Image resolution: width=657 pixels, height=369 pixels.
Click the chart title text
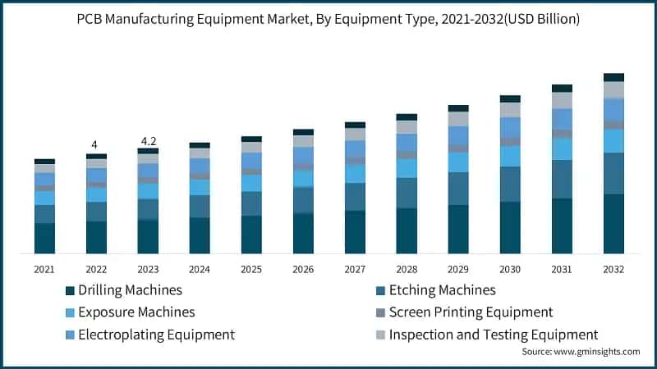[x=328, y=19]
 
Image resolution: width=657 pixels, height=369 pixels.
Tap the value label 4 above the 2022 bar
[x=95, y=145]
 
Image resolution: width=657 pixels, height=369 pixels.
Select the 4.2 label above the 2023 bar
[x=148, y=140]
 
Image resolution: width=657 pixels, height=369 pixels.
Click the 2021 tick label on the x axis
[x=44, y=269]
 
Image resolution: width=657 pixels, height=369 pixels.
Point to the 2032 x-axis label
[x=613, y=269]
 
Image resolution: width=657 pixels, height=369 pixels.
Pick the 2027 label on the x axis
[x=355, y=269]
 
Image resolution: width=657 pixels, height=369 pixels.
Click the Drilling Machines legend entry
[x=129, y=290]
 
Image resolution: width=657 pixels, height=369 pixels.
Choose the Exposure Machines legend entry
[x=136, y=312]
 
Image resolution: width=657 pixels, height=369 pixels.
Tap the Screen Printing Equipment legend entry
[x=471, y=312]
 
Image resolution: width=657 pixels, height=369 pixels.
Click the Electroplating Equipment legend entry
[x=155, y=335]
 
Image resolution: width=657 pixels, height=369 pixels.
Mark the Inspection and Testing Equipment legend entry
[x=493, y=335]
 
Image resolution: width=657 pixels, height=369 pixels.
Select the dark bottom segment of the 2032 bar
[x=613, y=224]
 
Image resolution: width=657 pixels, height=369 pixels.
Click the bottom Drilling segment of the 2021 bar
[x=44, y=238]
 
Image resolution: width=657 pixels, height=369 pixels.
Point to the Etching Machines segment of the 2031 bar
[x=562, y=179]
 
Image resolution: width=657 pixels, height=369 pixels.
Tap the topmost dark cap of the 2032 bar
[x=613, y=77]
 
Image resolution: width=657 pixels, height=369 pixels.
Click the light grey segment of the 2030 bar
[x=510, y=109]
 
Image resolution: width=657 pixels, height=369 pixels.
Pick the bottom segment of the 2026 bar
[x=303, y=233]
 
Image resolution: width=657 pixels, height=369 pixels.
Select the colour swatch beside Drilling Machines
[x=70, y=291]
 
